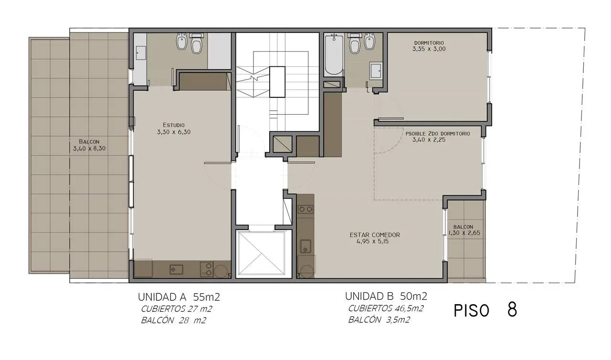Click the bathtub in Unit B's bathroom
pyautogui.click(x=334, y=54)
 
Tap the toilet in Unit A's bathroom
pyautogui.click(x=196, y=43)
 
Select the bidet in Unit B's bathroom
pyautogui.click(x=369, y=41)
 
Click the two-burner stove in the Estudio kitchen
pyautogui.click(x=207, y=269)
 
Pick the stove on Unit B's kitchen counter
pyautogui.click(x=305, y=210)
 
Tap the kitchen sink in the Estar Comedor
pyautogui.click(x=305, y=246)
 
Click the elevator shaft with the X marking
pyautogui.click(x=261, y=254)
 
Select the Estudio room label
pyautogui.click(x=174, y=125)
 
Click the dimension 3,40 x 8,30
pyautogui.click(x=89, y=148)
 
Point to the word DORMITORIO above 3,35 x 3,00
pyautogui.click(x=429, y=43)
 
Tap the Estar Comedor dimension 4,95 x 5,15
pyautogui.click(x=373, y=242)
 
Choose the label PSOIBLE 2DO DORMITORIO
pyautogui.click(x=438, y=134)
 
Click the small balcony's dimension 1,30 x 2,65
pyautogui.click(x=464, y=233)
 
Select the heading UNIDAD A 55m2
pyautogui.click(x=179, y=297)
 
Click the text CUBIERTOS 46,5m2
pyautogui.click(x=386, y=308)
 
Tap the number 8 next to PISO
pyautogui.click(x=512, y=309)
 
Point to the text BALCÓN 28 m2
pyautogui.click(x=173, y=320)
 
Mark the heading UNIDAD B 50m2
pyautogui.click(x=386, y=296)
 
